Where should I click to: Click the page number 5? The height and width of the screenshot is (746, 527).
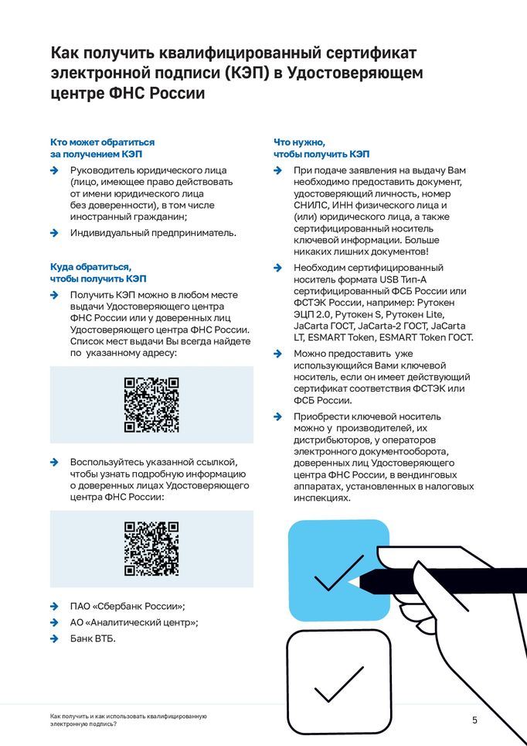pos(475,720)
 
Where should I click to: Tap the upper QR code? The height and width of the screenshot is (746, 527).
pos(151,405)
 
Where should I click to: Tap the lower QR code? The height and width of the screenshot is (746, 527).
pos(151,549)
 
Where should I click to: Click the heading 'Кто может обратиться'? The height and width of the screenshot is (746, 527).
pos(102,142)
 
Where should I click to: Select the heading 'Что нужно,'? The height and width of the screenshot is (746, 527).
pos(299,142)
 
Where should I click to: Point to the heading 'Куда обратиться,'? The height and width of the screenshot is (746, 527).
pos(91,266)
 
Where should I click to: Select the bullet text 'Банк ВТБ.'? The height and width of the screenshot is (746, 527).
pos(93,638)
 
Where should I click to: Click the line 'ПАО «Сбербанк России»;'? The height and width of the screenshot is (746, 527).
pos(127,606)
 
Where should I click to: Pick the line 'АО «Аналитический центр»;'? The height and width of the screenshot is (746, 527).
pos(134,622)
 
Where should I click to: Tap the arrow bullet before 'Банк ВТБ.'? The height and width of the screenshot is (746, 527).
pos(54,638)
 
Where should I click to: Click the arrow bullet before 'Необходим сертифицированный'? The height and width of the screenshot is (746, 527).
pos(278,268)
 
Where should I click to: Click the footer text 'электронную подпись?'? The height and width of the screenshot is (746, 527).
pos(84,724)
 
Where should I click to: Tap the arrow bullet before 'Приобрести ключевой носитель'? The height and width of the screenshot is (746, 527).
pos(278,416)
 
